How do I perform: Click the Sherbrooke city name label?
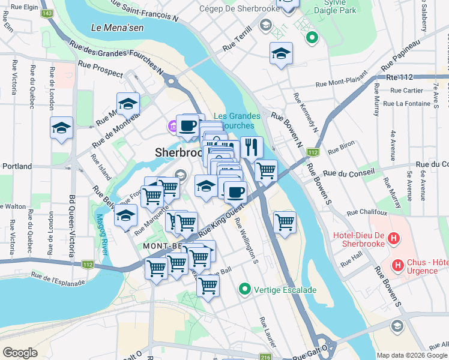click(178, 152)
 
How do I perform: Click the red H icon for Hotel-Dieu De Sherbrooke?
click(393, 239)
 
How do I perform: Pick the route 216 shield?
click(265, 358)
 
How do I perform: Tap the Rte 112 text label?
click(400, 77)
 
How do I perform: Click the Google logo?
click(20, 353)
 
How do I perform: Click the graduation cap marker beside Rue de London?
click(61, 128)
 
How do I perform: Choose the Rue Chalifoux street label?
click(366, 212)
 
